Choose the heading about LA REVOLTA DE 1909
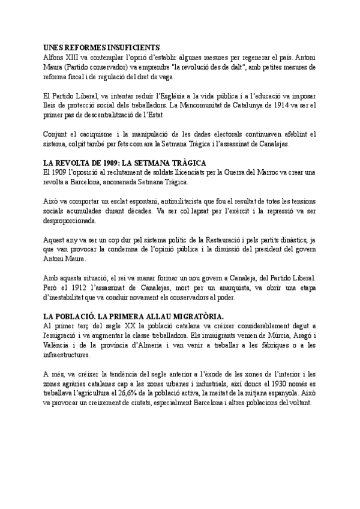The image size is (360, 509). coord(125,163)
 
